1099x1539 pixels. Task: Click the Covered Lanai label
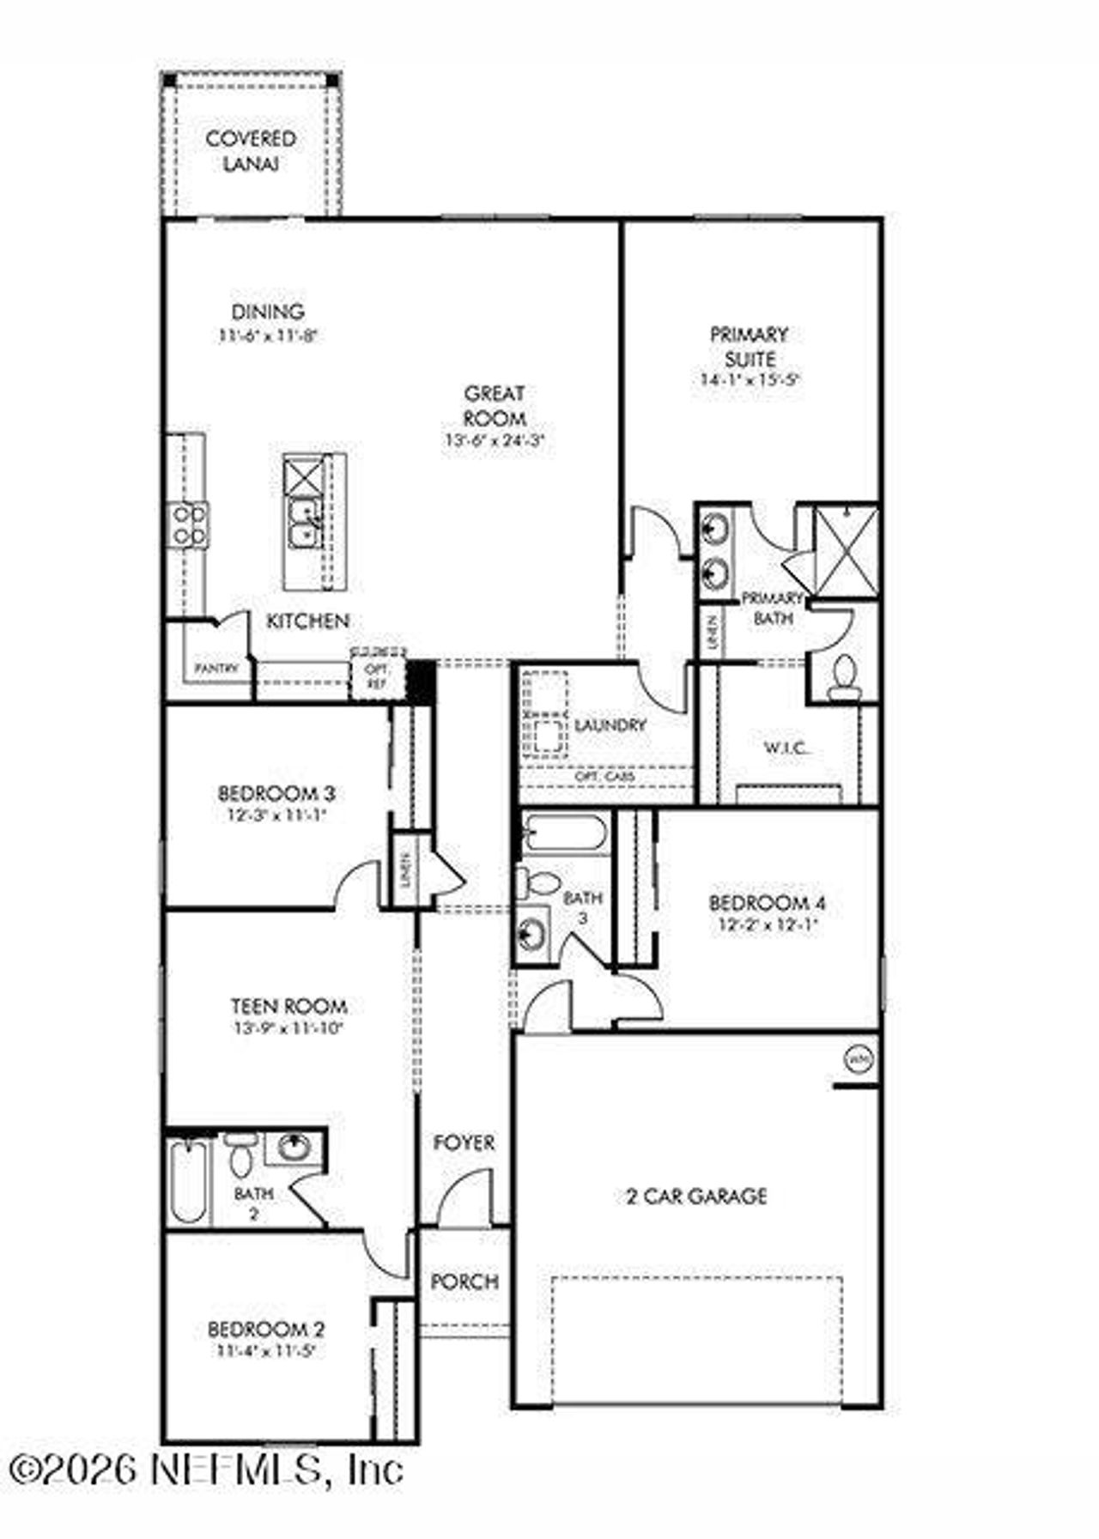(251, 150)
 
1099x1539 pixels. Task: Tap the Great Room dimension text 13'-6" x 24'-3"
(495, 442)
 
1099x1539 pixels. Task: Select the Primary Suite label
(749, 346)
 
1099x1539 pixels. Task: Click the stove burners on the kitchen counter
(189, 524)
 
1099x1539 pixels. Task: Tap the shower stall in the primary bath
(846, 550)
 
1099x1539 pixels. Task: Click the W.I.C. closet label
(786, 748)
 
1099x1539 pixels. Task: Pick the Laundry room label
(610, 725)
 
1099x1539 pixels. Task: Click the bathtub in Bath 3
(565, 833)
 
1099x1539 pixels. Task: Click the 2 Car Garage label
(696, 1196)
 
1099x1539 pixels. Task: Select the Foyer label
(464, 1142)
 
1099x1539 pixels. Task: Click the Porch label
(464, 1281)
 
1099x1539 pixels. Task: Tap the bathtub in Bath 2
(188, 1180)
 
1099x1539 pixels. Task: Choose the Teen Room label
(288, 1005)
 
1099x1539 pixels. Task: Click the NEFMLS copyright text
(206, 1469)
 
